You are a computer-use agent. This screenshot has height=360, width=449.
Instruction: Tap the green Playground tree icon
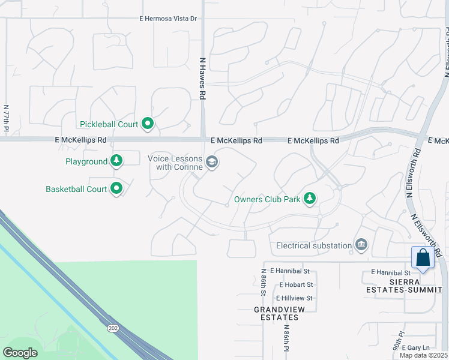[117, 161]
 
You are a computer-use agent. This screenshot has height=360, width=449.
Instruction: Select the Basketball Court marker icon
[117, 189]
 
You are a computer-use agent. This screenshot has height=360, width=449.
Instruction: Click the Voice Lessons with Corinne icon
[211, 162]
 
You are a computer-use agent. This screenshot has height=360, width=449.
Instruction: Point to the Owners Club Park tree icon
[310, 199]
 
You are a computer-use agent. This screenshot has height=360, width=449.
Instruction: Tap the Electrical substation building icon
[361, 245]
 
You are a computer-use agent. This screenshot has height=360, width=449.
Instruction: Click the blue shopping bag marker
[423, 257]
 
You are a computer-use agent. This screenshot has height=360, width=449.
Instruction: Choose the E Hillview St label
[294, 298]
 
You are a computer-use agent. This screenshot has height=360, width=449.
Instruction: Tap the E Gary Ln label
[416, 347]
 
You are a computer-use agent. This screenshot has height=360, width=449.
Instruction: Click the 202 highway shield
[113, 328]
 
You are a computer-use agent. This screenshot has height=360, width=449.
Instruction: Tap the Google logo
[20, 353]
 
